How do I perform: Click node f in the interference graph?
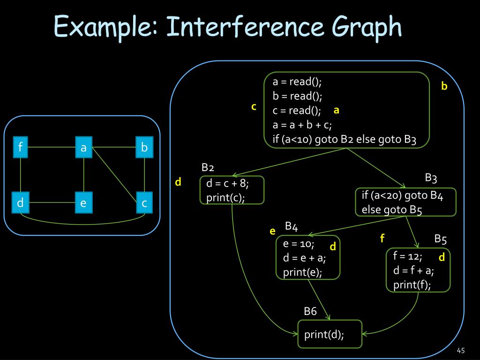point(21,148)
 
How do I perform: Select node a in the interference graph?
point(83,148)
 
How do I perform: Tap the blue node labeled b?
point(144,148)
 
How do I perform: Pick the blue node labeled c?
point(144,203)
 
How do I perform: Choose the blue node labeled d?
point(21,203)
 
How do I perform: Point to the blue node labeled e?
point(83,203)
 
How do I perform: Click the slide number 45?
point(460,351)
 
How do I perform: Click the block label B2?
point(208,168)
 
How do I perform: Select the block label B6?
point(310,311)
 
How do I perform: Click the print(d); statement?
point(324,335)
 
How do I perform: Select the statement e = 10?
point(299,244)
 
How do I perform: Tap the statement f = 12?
point(408,256)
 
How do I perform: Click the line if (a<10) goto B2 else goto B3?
point(345,139)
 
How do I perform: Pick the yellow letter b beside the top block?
point(444,86)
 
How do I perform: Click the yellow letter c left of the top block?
point(254,107)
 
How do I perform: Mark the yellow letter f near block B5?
point(382,239)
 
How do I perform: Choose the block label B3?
point(431,178)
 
